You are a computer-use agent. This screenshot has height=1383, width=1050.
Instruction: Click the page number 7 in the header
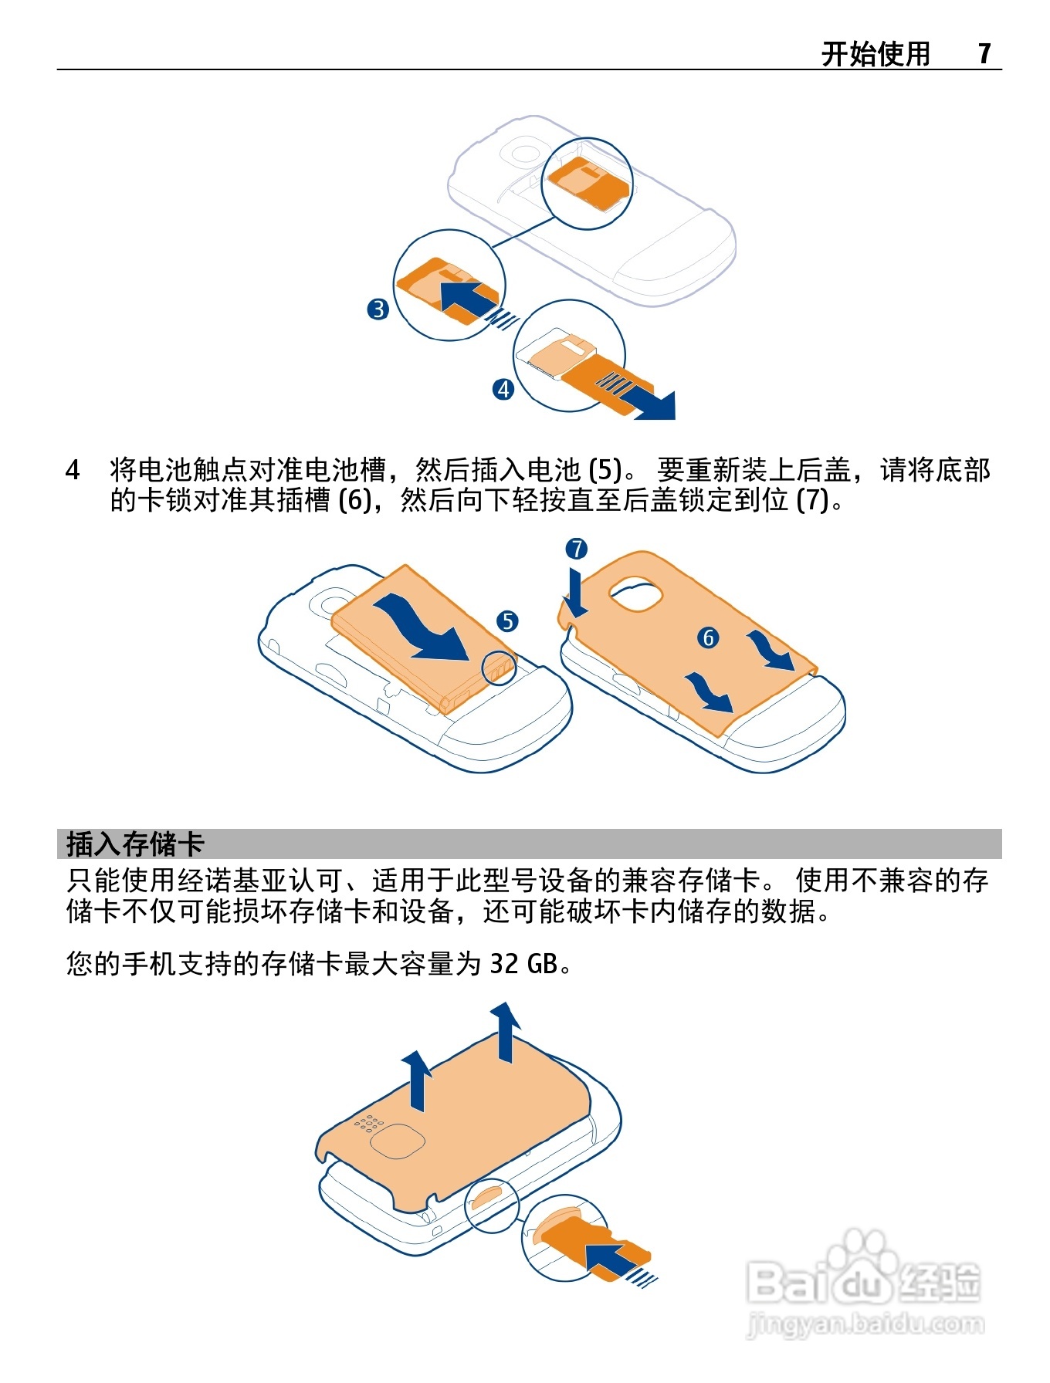pos(984,53)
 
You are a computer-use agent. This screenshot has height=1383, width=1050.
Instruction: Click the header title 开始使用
pos(876,53)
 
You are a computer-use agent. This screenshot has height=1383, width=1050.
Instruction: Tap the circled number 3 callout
pos(378,309)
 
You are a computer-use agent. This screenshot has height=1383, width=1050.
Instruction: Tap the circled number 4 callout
pos(503,389)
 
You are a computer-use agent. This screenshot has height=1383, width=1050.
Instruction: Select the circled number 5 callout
pos(507,621)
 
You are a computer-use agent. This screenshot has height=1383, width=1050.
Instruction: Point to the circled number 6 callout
pos(708,637)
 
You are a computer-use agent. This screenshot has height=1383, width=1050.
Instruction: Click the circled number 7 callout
pos(577,549)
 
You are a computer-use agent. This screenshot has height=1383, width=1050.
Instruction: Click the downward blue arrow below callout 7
pos(575,595)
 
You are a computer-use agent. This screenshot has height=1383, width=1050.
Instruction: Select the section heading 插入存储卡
pos(135,844)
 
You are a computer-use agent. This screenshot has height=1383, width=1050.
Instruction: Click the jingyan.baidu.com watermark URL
pos(865,1325)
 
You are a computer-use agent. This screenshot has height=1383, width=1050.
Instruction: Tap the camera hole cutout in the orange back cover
pos(637,593)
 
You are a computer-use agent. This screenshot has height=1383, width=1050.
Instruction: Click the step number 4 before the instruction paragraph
pos(73,469)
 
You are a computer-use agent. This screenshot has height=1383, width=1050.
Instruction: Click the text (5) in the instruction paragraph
pos(605,469)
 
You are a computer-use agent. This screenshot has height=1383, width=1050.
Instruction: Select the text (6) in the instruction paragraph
pos(355,500)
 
